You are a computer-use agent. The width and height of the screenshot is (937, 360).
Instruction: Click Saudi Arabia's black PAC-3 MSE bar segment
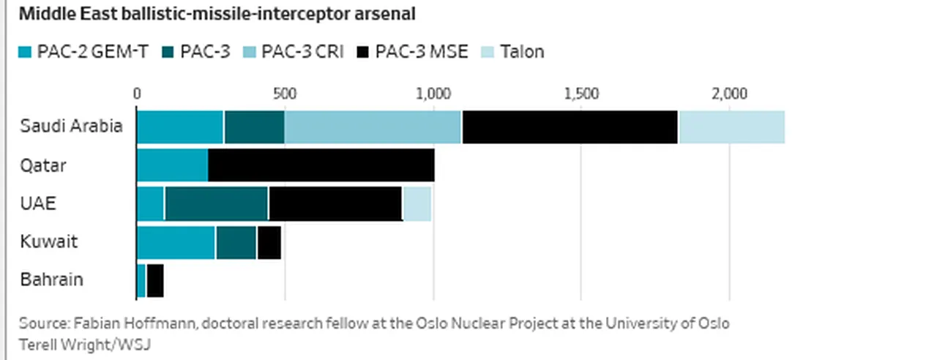tap(570, 127)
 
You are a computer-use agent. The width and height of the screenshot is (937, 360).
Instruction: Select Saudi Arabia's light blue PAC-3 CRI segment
tap(373, 127)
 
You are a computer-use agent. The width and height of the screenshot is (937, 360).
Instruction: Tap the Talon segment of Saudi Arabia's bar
tap(731, 127)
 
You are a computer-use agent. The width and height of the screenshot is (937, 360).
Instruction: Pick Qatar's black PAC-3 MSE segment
tap(321, 165)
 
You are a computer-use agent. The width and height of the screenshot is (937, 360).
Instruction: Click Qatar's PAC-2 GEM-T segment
tap(172, 165)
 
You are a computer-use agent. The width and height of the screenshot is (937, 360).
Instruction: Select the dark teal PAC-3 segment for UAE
tap(216, 203)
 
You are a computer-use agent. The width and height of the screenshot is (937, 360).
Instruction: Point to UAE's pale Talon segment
tap(417, 203)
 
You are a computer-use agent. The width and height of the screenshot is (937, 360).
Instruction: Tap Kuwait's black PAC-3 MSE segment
tap(269, 242)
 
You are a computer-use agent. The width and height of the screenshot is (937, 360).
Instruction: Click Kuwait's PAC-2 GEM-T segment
tap(176, 242)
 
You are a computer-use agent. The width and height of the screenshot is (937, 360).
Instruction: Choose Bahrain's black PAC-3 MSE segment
tap(154, 280)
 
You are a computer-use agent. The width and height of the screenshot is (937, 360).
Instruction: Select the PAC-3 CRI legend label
tap(303, 52)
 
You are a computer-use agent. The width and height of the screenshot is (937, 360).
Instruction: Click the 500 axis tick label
tap(284, 94)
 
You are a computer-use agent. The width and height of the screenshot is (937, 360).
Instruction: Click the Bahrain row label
tap(51, 280)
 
